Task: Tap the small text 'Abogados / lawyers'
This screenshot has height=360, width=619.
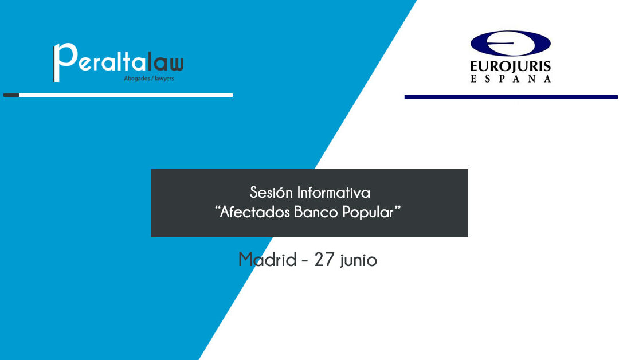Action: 148,79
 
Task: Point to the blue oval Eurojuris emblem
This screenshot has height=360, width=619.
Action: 510,44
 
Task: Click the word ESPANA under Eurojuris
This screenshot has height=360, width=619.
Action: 510,79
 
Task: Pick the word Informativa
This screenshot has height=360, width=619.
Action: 334,192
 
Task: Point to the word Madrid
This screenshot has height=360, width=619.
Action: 265,260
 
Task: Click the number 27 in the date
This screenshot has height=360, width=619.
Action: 324,260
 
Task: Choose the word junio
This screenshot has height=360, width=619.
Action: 359,261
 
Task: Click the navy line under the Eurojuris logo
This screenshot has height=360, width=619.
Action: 511,97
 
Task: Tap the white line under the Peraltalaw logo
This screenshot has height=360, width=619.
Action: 126,95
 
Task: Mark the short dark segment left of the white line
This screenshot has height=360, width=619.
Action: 11,95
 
